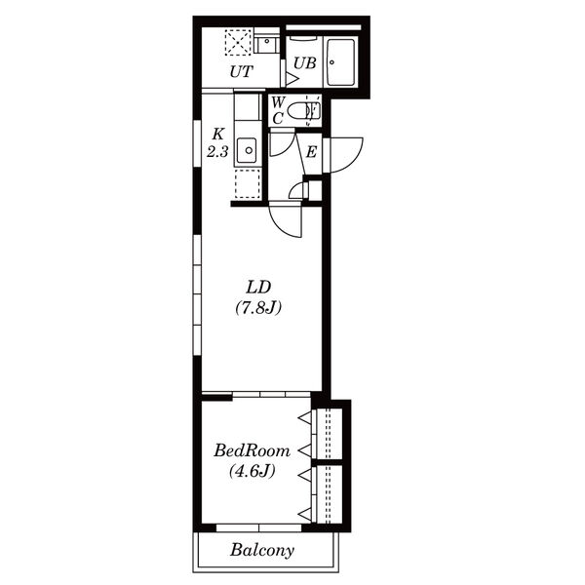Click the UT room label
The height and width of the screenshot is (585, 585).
242,71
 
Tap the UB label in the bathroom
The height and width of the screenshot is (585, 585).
305,63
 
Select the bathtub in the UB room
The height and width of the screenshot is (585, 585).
340,62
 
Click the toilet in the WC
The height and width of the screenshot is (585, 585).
307,110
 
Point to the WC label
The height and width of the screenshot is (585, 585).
278,110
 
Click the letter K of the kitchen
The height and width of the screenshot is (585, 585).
218,134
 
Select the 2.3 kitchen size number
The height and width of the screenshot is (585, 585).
217,151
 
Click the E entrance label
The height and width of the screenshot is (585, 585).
311,152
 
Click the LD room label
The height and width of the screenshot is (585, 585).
258,287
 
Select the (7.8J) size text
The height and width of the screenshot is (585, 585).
258,308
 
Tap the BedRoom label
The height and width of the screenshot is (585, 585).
252,450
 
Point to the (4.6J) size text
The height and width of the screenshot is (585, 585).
253,471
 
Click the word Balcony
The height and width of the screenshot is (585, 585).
262,550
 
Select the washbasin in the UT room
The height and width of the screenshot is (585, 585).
267,45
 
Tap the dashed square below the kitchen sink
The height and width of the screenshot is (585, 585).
248,183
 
